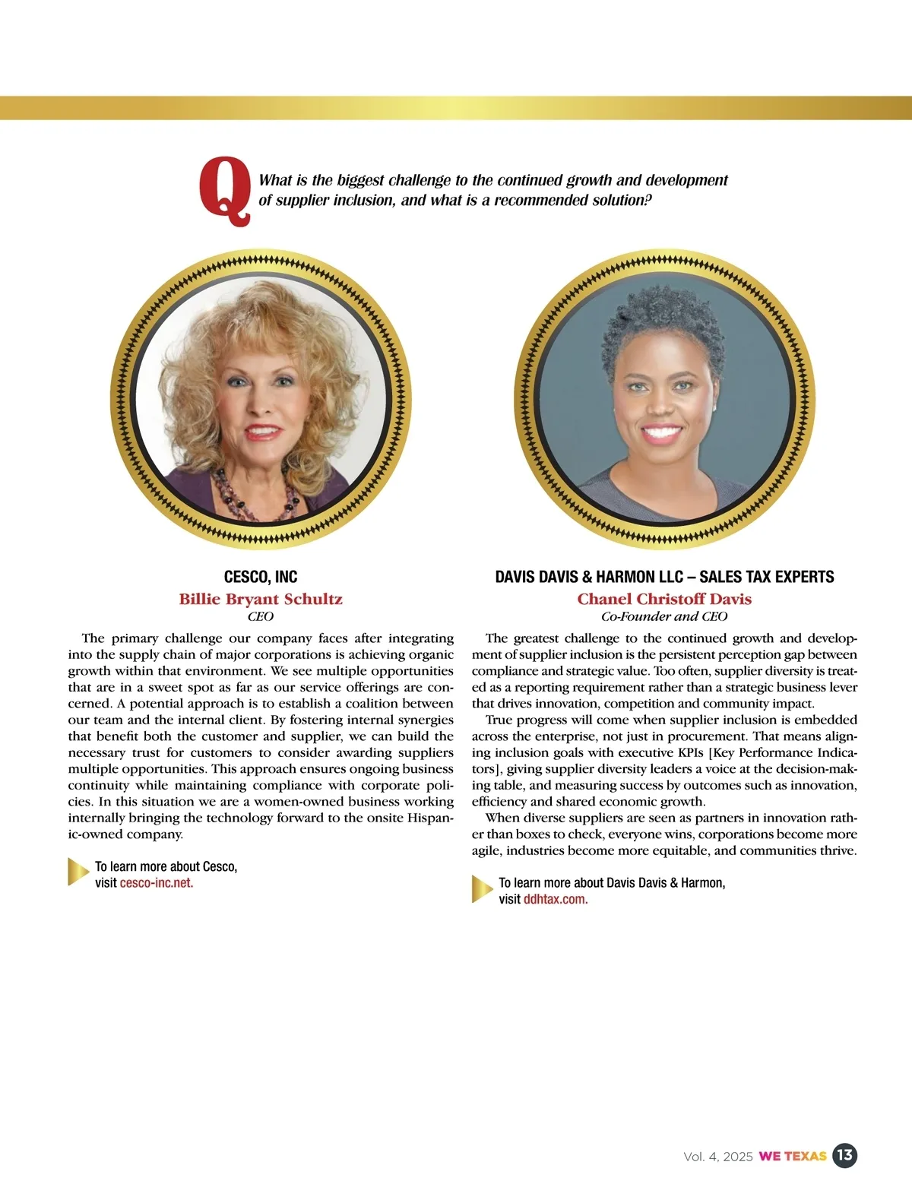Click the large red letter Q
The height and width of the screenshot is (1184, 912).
pos(224,190)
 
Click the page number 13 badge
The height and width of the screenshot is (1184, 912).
pos(844,1156)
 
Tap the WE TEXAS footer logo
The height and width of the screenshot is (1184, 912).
pos(792,1157)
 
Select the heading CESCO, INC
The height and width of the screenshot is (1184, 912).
pos(261,577)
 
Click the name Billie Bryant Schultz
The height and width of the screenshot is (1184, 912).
pos(261,599)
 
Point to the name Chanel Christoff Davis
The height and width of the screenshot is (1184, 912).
pos(664,599)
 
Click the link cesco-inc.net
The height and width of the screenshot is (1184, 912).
pos(157,883)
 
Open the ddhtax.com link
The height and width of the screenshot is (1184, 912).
pos(556,900)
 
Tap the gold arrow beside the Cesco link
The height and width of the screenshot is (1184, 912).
pos(78,872)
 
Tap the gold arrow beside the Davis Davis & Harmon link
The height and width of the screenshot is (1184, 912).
pos(482,889)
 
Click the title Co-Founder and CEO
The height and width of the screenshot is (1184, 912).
pos(664,616)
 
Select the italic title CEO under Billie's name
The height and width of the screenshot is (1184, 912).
pos(261,616)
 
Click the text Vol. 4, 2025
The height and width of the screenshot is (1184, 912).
pos(718,1157)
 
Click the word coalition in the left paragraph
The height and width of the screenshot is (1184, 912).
pos(371,704)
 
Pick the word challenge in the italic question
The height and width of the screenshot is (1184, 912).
pos(420,180)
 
